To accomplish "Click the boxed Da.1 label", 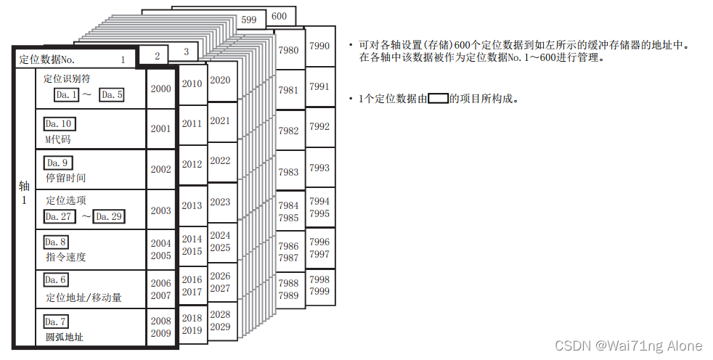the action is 67,94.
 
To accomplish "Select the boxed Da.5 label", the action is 112,94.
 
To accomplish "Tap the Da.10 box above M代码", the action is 60,124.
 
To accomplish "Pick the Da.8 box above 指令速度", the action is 57,242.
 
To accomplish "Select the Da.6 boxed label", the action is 57,280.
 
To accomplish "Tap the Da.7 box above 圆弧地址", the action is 57,321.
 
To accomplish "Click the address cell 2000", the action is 161,89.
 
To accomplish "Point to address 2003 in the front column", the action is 161,210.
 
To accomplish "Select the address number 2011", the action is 192,123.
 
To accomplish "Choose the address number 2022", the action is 220,160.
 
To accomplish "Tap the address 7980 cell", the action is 288,50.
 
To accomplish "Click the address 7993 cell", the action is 319,168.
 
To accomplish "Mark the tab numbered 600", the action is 280,16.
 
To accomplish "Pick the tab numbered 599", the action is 249,20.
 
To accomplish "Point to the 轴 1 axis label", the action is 24,192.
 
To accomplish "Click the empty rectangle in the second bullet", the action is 438,98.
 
